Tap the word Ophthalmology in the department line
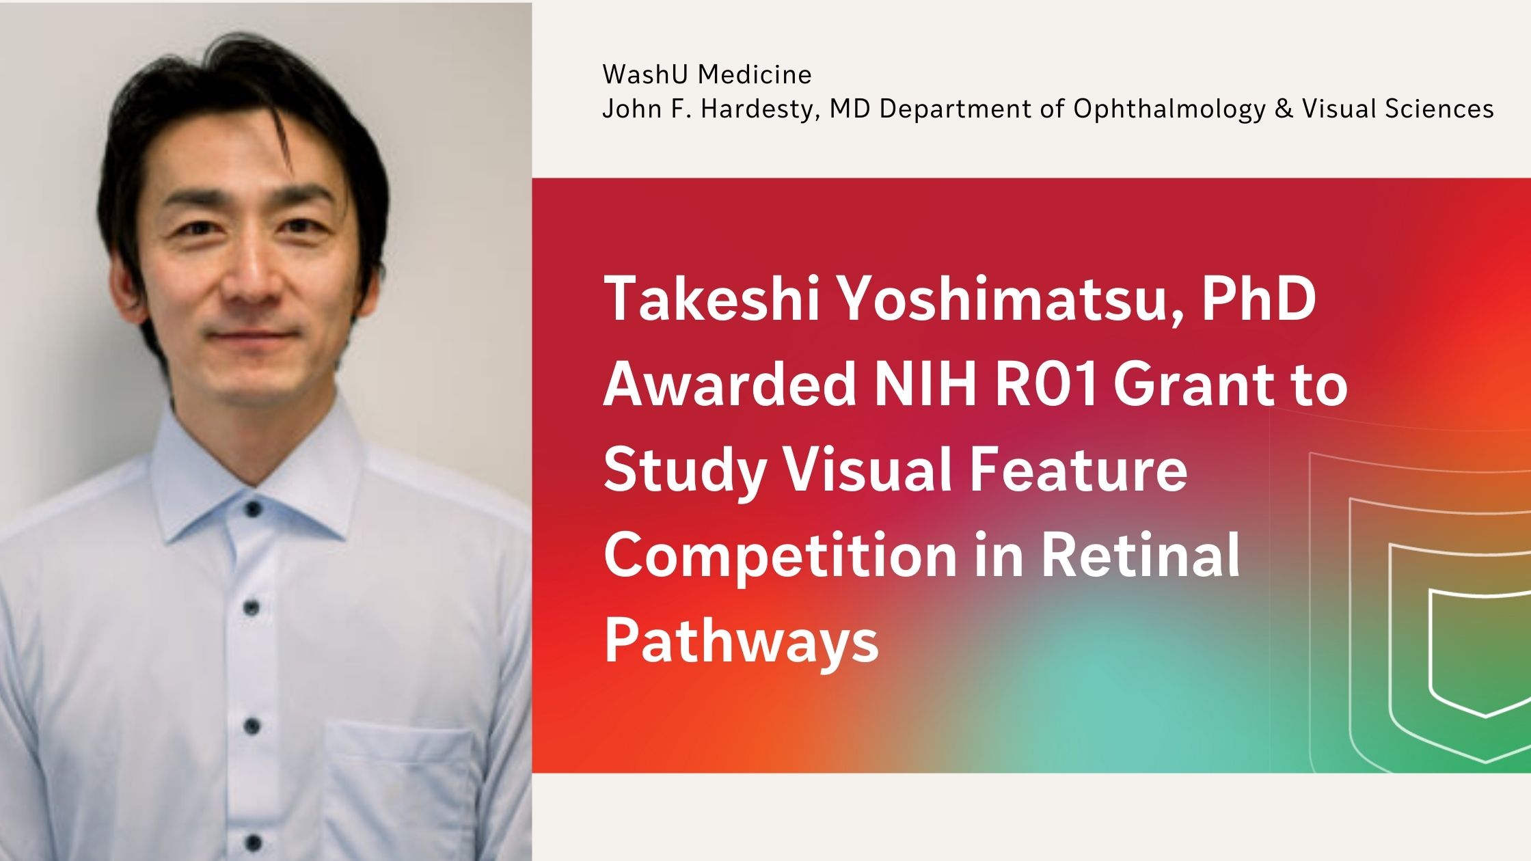(1169, 109)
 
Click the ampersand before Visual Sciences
(1284, 109)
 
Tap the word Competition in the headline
(780, 557)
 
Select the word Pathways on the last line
(741, 642)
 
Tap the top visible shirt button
(252, 508)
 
